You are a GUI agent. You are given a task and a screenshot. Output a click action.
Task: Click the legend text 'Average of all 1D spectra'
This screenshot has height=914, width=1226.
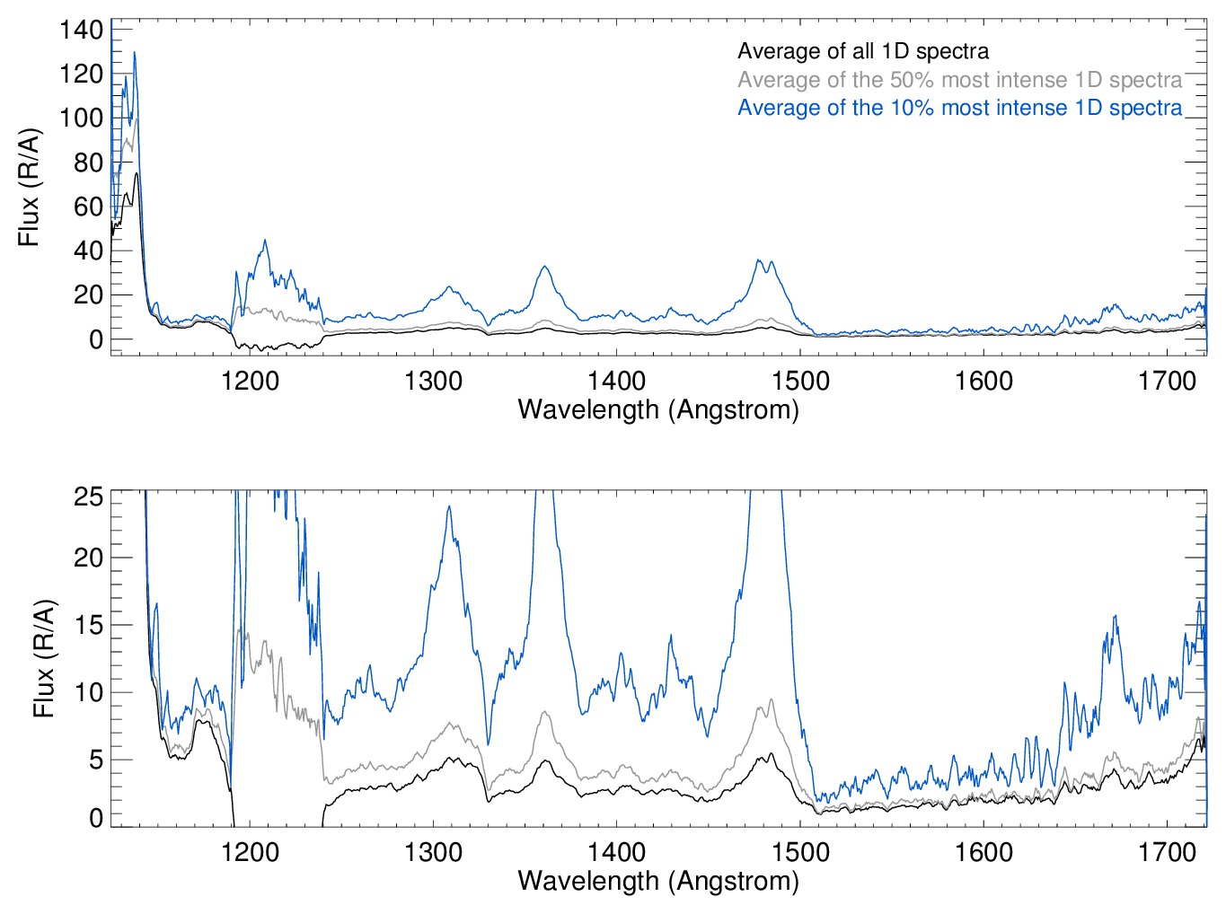click(863, 51)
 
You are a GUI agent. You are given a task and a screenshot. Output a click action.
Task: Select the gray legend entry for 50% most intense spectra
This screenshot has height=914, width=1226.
click(959, 80)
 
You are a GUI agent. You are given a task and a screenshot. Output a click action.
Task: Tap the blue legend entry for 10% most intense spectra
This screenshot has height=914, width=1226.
click(959, 108)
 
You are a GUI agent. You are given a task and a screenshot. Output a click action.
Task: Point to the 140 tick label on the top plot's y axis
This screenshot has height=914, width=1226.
click(82, 30)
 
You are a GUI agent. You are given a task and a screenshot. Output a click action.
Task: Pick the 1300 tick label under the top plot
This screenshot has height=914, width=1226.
click(433, 382)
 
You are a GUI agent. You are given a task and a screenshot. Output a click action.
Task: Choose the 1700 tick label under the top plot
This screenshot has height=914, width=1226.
click(1167, 382)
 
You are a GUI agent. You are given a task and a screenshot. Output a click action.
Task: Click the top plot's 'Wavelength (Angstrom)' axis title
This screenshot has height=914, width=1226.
click(658, 410)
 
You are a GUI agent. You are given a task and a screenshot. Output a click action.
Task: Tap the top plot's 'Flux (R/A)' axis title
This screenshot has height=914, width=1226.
click(30, 188)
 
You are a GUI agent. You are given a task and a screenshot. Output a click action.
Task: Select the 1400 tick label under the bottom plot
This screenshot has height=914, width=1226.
click(616, 852)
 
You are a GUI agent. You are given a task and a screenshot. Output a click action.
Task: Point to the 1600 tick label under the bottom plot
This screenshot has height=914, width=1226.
click(983, 852)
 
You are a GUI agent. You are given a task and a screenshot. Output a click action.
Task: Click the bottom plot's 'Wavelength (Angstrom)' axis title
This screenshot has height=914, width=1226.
click(658, 881)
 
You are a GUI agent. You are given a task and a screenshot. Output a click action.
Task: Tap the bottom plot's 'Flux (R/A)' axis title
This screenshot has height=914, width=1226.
click(44, 658)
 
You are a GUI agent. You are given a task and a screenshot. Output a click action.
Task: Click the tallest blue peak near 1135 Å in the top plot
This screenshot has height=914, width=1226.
click(135, 53)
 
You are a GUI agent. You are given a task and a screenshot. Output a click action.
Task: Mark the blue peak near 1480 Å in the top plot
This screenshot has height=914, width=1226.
click(760, 260)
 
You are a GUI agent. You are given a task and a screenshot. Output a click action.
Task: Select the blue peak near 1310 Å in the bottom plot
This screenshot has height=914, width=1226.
click(448, 507)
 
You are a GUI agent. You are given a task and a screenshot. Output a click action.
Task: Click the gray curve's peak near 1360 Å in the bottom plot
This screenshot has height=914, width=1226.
click(544, 712)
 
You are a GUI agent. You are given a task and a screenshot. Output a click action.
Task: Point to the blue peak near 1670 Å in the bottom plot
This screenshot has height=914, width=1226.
click(1115, 617)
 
